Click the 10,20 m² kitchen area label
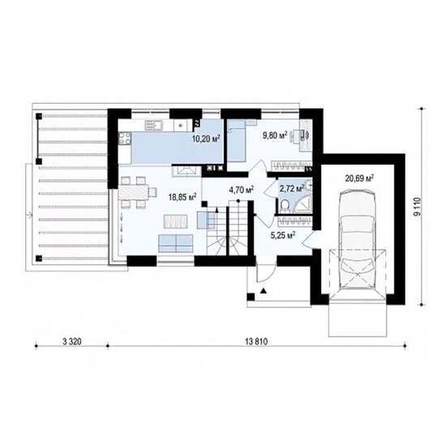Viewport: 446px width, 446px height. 207,139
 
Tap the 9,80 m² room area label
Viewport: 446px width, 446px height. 275,135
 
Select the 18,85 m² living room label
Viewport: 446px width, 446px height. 182,197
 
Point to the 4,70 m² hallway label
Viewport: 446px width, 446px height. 242,189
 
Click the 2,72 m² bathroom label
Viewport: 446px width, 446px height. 292,188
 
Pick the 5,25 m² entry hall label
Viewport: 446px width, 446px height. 282,235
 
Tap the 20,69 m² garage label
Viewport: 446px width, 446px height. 359,178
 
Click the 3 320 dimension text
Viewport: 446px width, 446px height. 71,341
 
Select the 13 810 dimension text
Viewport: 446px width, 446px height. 256,341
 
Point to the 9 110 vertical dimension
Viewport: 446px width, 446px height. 417,207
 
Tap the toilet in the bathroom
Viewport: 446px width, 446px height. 285,206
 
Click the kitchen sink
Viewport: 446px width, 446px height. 153,126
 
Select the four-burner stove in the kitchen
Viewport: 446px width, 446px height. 125,139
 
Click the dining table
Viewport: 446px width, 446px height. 134,191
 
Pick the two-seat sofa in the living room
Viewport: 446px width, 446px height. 176,243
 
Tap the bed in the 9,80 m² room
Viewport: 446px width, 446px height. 236,140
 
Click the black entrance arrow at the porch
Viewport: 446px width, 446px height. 264,290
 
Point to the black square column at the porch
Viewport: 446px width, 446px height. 251,297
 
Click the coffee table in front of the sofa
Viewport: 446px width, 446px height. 176,221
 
